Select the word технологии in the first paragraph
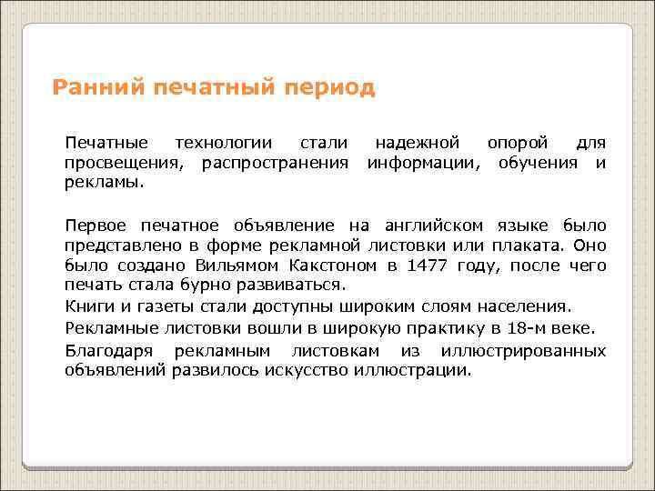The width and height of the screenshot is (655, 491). pyautogui.click(x=223, y=143)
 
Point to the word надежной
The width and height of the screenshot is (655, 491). pyautogui.click(x=415, y=143)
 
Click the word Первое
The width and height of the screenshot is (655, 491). pyautogui.click(x=95, y=225)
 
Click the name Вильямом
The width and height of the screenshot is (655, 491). pyautogui.click(x=229, y=265)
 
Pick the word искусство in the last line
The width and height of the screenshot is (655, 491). pyautogui.click(x=318, y=370)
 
